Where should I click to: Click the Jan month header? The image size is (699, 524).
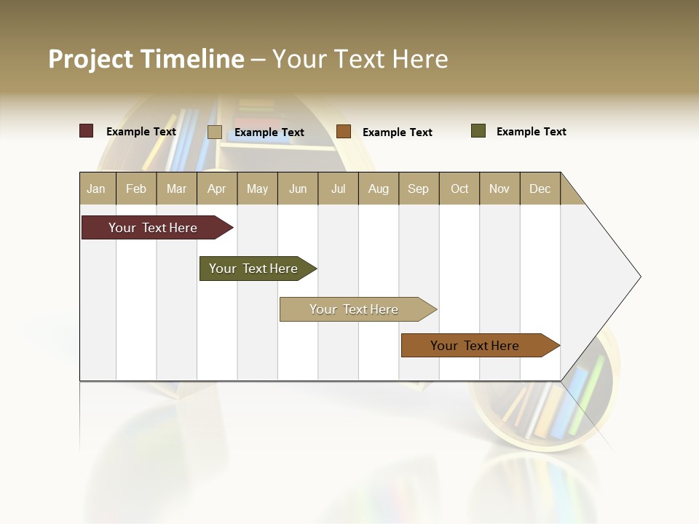97,188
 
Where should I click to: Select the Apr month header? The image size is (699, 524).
217,188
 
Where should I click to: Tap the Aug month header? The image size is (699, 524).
379,188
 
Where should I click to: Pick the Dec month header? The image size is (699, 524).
540,188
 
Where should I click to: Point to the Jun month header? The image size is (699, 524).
298,188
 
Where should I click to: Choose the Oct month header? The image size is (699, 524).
459,188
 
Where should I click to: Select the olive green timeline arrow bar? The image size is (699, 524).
256,269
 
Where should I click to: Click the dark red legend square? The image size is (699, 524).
87,131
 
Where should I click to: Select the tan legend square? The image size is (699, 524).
214,132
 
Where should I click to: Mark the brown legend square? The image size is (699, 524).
344,132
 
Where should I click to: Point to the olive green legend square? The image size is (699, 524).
478,131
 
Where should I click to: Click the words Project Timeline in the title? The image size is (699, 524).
146,59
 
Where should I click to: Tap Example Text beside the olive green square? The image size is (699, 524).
531,132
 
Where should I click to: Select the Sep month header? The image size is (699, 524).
419,188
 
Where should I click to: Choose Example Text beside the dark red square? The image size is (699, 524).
141,132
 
